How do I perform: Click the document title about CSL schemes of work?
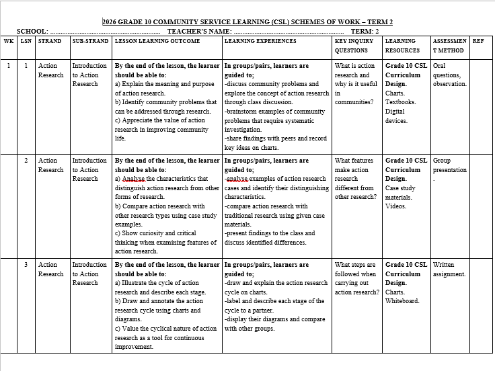tap(247, 22)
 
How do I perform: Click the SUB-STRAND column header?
tap(90, 41)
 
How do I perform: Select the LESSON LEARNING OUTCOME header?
tap(157, 41)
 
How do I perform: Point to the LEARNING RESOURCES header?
tap(402, 45)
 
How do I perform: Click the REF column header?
tap(478, 41)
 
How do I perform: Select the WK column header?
tap(9, 41)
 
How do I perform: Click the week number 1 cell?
tap(9, 66)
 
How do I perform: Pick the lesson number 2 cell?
tap(26, 161)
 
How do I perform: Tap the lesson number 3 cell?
tap(26, 265)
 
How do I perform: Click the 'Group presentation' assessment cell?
tap(449, 165)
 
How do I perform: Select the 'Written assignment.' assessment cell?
tap(449, 270)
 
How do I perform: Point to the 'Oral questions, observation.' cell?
tap(449, 75)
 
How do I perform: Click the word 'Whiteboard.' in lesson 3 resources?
tap(402, 301)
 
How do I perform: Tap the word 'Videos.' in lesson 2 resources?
tap(395, 206)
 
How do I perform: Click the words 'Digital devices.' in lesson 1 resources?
tap(395, 116)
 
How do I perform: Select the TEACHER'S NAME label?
tap(199, 31)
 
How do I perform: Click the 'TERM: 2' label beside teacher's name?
tap(365, 31)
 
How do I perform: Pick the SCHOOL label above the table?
tap(32, 31)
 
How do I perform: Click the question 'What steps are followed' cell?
tap(355, 278)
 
